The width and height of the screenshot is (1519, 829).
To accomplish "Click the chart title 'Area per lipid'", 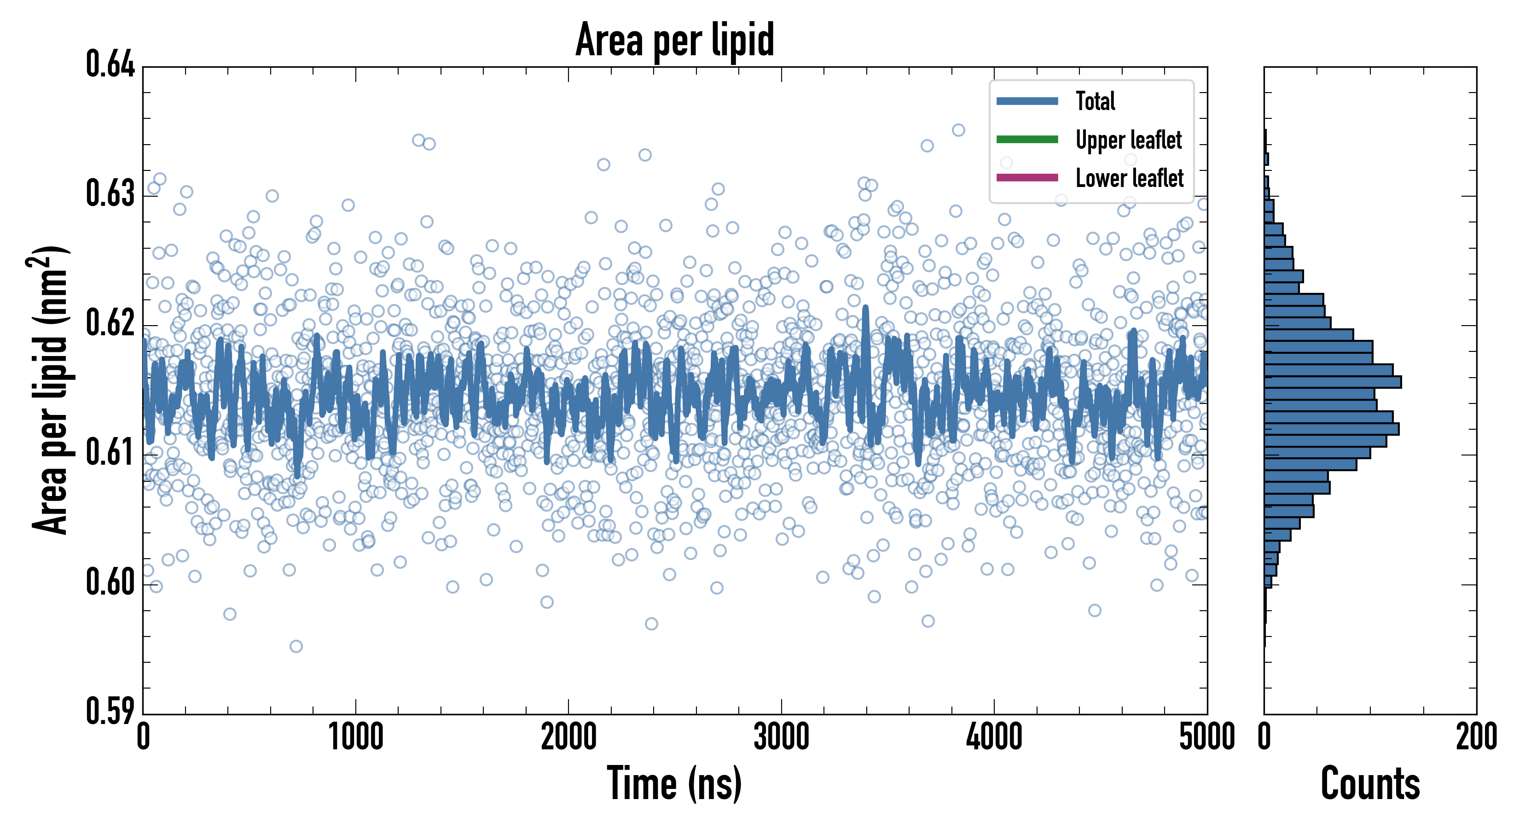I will (675, 40).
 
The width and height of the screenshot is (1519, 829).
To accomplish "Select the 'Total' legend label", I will (1095, 101).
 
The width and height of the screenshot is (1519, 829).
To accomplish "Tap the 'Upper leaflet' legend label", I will (1128, 140).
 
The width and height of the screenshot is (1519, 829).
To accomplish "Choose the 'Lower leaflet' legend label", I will (1129, 178).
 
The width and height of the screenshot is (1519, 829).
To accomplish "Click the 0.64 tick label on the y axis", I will (110, 64).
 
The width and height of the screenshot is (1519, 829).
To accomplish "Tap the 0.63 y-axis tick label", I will (110, 193).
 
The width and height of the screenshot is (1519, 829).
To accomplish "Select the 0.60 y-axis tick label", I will (110, 582).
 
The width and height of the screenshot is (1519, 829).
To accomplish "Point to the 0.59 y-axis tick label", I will (110, 711).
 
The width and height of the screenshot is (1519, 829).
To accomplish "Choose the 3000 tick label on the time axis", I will (781, 737).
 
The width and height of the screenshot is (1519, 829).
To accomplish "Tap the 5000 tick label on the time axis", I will (1206, 737).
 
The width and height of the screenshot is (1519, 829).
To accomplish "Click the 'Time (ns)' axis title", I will (675, 783).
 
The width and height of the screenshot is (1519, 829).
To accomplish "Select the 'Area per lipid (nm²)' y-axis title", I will (51, 390).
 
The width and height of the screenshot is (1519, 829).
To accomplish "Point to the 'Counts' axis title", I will (1370, 783).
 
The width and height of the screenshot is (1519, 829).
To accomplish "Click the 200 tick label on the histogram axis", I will (1476, 737).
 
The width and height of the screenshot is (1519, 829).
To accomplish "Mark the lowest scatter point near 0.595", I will (296, 646).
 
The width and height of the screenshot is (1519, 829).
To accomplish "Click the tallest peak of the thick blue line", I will (866, 308).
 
